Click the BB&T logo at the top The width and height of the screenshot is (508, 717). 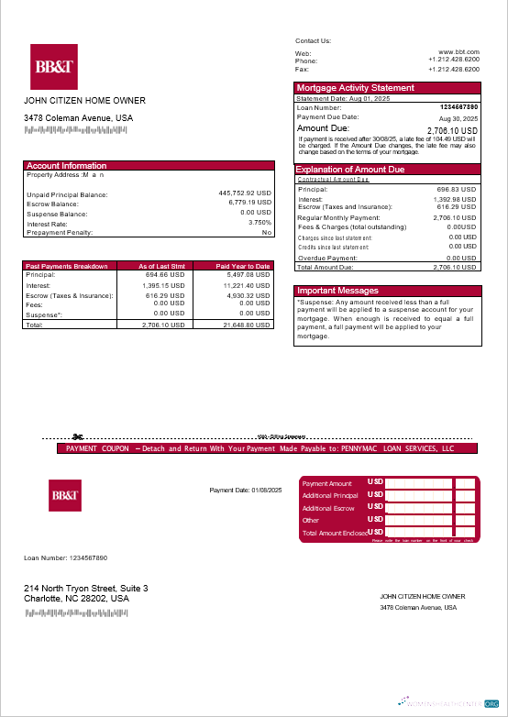click(x=54, y=66)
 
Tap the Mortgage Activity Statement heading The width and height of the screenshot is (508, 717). click(x=356, y=88)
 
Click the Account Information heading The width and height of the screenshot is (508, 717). click(x=67, y=166)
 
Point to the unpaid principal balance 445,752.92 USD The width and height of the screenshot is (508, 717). click(x=245, y=194)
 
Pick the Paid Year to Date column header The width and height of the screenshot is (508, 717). click(x=243, y=266)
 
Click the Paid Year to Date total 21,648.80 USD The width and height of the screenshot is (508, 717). click(x=247, y=325)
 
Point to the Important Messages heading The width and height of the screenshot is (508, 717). click(x=338, y=291)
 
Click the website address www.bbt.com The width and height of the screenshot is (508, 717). click(x=458, y=53)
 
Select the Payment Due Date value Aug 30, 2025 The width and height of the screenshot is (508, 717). click(x=458, y=119)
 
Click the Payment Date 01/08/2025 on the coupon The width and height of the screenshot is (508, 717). click(x=246, y=491)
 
